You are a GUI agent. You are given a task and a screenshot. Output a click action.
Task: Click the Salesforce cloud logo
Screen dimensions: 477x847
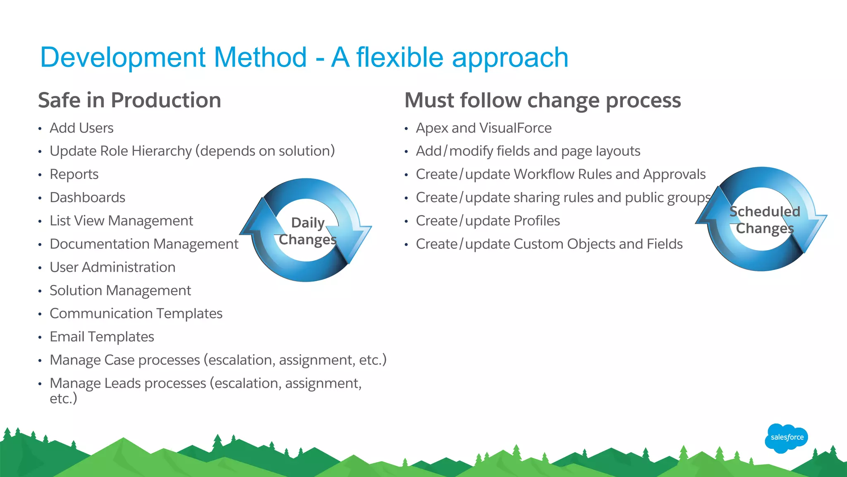[786, 438]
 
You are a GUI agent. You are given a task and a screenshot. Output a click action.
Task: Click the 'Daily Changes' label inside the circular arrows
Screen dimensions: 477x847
[308, 231]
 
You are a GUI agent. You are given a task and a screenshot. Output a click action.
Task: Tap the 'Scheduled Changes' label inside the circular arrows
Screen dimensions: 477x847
[765, 220]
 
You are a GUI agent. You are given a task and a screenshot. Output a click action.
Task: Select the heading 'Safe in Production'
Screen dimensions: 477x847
[129, 100]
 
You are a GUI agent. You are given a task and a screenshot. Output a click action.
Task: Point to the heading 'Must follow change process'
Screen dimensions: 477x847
[542, 100]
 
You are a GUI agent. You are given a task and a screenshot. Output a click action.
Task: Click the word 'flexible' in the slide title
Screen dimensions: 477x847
[400, 57]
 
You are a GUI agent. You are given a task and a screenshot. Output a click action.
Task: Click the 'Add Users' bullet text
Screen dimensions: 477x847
[81, 128]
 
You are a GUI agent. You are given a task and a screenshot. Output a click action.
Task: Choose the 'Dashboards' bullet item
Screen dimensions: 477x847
[87, 198]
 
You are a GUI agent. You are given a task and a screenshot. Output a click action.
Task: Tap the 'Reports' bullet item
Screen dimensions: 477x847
[74, 174]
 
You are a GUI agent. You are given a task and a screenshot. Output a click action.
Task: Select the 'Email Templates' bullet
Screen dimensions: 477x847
[102, 337]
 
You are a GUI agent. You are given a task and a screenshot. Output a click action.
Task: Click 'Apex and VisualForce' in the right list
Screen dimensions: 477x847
[483, 128]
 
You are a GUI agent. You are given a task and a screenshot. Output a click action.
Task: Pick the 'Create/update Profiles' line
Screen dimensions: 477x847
[488, 221]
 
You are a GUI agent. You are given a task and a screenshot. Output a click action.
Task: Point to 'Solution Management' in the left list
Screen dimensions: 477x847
[120, 290]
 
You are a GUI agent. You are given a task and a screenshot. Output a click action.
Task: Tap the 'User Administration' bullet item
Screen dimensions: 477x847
[112, 267]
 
